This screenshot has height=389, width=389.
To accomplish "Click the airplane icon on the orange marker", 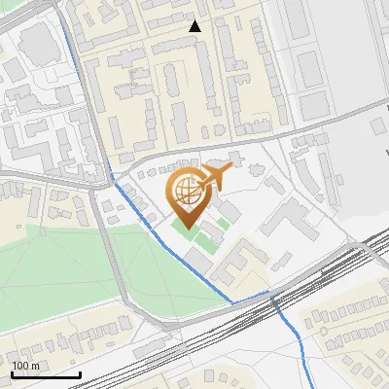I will (x=214, y=177).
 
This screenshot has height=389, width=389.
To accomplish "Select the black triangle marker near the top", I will (x=195, y=26).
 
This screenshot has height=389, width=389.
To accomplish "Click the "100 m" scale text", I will (x=26, y=366).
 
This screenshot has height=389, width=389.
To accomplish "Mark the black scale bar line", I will (x=46, y=374).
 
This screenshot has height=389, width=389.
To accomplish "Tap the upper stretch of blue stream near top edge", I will (x=70, y=39).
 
